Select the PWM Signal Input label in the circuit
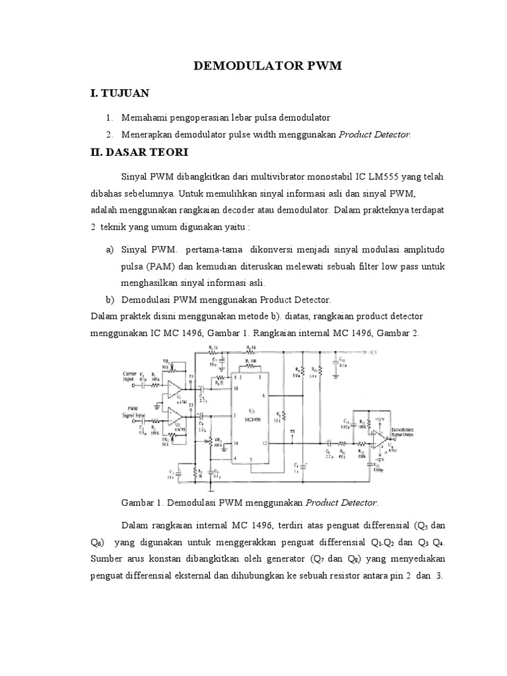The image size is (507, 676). point(129,413)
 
